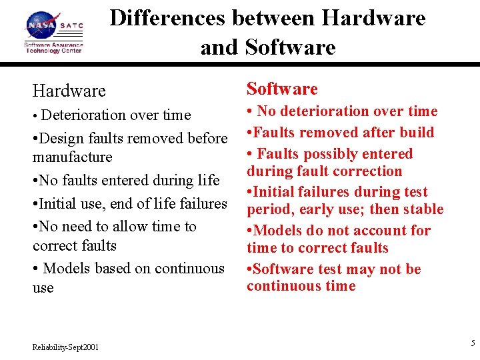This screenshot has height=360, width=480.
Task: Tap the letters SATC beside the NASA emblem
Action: pyautogui.click(x=72, y=26)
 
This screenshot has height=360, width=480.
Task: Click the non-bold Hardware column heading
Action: pyautogui.click(x=69, y=91)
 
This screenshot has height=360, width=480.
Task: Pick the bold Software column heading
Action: pyautogui.click(x=282, y=89)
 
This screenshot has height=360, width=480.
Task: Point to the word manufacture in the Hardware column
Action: pyautogui.click(x=73, y=157)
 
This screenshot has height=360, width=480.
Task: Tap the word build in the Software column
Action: pyautogui.click(x=416, y=132)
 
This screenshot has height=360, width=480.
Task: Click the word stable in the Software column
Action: pyautogui.click(x=423, y=209)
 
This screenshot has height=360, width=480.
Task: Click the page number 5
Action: pyautogui.click(x=473, y=343)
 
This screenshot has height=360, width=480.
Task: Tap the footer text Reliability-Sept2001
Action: pyautogui.click(x=66, y=347)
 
